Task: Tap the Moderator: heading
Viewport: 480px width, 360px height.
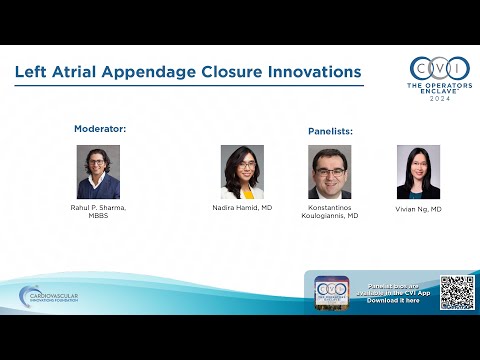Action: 100,128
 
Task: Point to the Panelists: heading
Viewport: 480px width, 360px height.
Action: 330,131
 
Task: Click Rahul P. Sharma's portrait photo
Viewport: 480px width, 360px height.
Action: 98,172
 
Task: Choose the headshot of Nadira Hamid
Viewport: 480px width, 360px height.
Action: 242,172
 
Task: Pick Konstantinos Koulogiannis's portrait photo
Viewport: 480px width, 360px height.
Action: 330,172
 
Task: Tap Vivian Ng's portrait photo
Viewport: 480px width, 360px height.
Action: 418,172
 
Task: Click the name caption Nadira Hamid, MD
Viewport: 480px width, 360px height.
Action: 242,207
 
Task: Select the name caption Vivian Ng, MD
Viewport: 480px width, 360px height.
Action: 418,209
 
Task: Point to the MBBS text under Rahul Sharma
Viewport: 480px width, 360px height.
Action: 98,215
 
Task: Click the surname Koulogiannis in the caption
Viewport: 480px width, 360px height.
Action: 333,215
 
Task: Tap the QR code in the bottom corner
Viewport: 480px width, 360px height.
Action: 456,291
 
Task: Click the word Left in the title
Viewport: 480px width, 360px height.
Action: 31,72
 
